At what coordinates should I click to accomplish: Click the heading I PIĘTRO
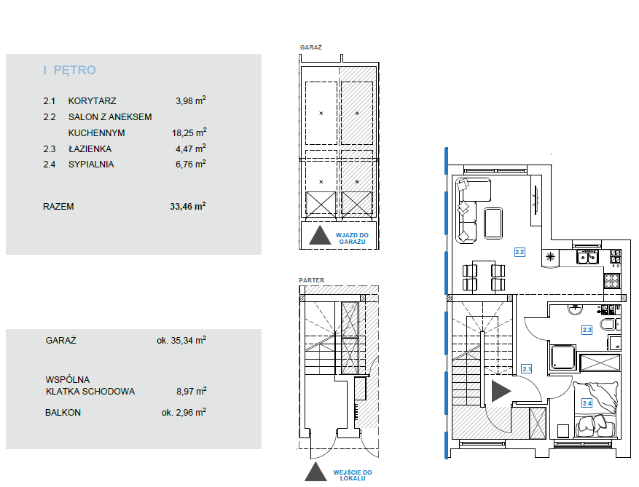point(70,70)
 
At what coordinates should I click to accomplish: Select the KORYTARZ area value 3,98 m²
point(191,100)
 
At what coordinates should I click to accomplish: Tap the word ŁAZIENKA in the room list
point(90,149)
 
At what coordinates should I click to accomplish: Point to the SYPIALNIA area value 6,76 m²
point(191,164)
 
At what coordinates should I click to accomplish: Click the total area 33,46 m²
point(188,206)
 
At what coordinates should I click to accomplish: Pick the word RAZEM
point(58,207)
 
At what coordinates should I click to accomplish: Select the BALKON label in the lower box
point(63,413)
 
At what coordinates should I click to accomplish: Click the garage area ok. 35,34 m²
point(181,340)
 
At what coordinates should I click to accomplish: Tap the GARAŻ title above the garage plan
point(311,47)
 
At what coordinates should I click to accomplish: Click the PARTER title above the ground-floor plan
point(311,280)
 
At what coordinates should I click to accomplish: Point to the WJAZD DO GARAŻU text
point(352,238)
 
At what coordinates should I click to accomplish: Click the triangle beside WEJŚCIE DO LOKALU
point(315,472)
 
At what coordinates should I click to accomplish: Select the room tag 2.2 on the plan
point(520,252)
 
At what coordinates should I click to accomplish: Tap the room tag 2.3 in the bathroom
point(587,330)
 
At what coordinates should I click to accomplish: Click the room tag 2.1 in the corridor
point(527,369)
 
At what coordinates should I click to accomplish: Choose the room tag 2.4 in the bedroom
point(587,403)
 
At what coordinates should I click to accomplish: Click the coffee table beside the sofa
point(493,223)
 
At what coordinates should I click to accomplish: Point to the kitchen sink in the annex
point(588,258)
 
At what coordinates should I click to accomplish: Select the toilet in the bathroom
point(610,325)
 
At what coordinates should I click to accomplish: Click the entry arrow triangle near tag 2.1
point(501,391)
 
